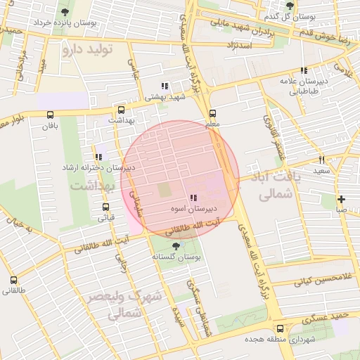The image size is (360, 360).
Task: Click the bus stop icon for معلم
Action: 212,112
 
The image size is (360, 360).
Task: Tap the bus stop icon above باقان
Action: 49,115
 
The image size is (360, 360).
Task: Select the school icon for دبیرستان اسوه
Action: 193,198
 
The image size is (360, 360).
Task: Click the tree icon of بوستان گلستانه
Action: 175,245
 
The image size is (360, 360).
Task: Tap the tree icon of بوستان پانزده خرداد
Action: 65,12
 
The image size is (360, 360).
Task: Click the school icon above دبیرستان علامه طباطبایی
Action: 304,70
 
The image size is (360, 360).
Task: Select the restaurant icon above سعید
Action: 321,160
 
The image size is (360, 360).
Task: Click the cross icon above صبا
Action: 341,199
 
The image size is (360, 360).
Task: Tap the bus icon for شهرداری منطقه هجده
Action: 281,328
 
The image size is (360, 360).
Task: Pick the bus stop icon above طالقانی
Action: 13,280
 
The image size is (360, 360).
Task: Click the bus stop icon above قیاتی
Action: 105,207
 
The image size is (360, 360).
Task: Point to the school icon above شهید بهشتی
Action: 165,86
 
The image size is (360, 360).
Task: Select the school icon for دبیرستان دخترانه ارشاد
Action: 98,157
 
